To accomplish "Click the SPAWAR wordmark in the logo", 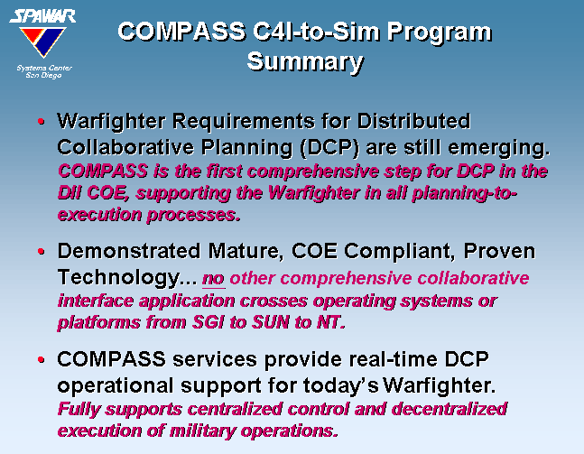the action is pyautogui.click(x=42, y=16).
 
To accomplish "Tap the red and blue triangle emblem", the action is pyautogui.click(x=42, y=42).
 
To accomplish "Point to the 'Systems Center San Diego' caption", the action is pyautogui.click(x=44, y=71).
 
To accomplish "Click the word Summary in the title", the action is pyautogui.click(x=305, y=61).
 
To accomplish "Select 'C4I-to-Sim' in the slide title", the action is pyautogui.click(x=317, y=32).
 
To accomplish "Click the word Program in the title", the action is pyautogui.click(x=440, y=32).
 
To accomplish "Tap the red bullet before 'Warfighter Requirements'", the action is pyautogui.click(x=41, y=122).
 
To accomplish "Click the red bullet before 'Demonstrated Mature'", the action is pyautogui.click(x=41, y=252).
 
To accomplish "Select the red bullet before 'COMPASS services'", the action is pyautogui.click(x=41, y=360).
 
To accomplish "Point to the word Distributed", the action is pyautogui.click(x=413, y=121).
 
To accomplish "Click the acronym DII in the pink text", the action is pyautogui.click(x=70, y=193).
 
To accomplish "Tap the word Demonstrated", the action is pyautogui.click(x=129, y=251).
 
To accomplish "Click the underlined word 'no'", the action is pyautogui.click(x=213, y=279).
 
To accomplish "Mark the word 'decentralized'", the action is pyautogui.click(x=450, y=409).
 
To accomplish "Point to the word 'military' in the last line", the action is pyautogui.click(x=202, y=431).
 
